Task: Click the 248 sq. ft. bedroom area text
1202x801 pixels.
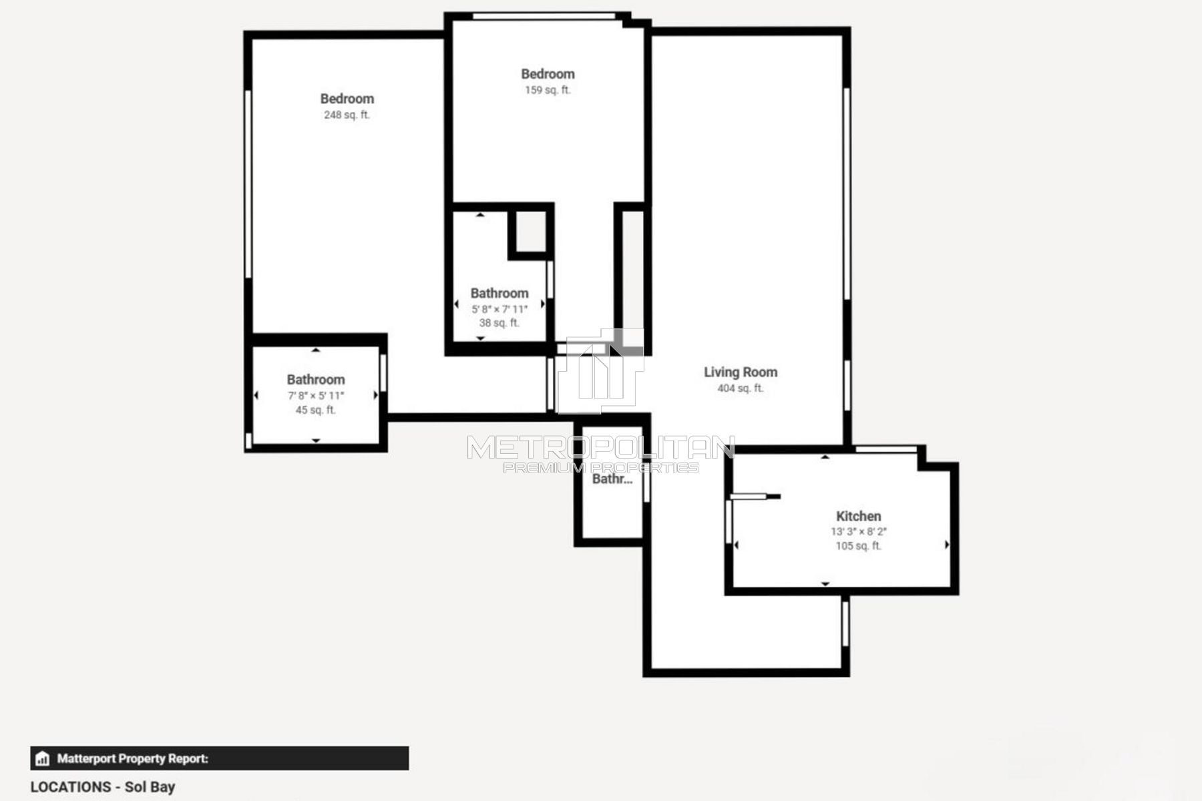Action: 347,115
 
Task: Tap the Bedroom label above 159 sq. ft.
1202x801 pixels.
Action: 548,74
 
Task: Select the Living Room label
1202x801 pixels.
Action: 741,372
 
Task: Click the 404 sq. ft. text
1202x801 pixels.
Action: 741,388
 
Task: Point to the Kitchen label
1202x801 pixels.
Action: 858,516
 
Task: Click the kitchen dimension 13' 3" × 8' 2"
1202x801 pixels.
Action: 858,532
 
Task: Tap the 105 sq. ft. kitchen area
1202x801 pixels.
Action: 858,546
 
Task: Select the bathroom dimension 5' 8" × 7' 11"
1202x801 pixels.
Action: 499,309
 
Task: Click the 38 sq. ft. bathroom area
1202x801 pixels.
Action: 499,323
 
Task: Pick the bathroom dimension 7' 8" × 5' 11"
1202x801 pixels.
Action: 316,396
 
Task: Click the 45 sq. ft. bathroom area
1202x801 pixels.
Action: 316,410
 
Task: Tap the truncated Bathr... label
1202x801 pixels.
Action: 612,479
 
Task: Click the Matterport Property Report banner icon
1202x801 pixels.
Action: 43,758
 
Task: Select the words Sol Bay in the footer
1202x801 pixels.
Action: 150,787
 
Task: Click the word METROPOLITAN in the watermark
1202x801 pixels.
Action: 600,448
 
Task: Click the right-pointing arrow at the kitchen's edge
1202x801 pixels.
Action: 947,545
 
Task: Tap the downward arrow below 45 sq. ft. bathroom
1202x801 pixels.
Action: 316,441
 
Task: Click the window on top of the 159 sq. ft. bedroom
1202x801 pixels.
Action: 544,16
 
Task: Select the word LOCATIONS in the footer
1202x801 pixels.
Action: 71,787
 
